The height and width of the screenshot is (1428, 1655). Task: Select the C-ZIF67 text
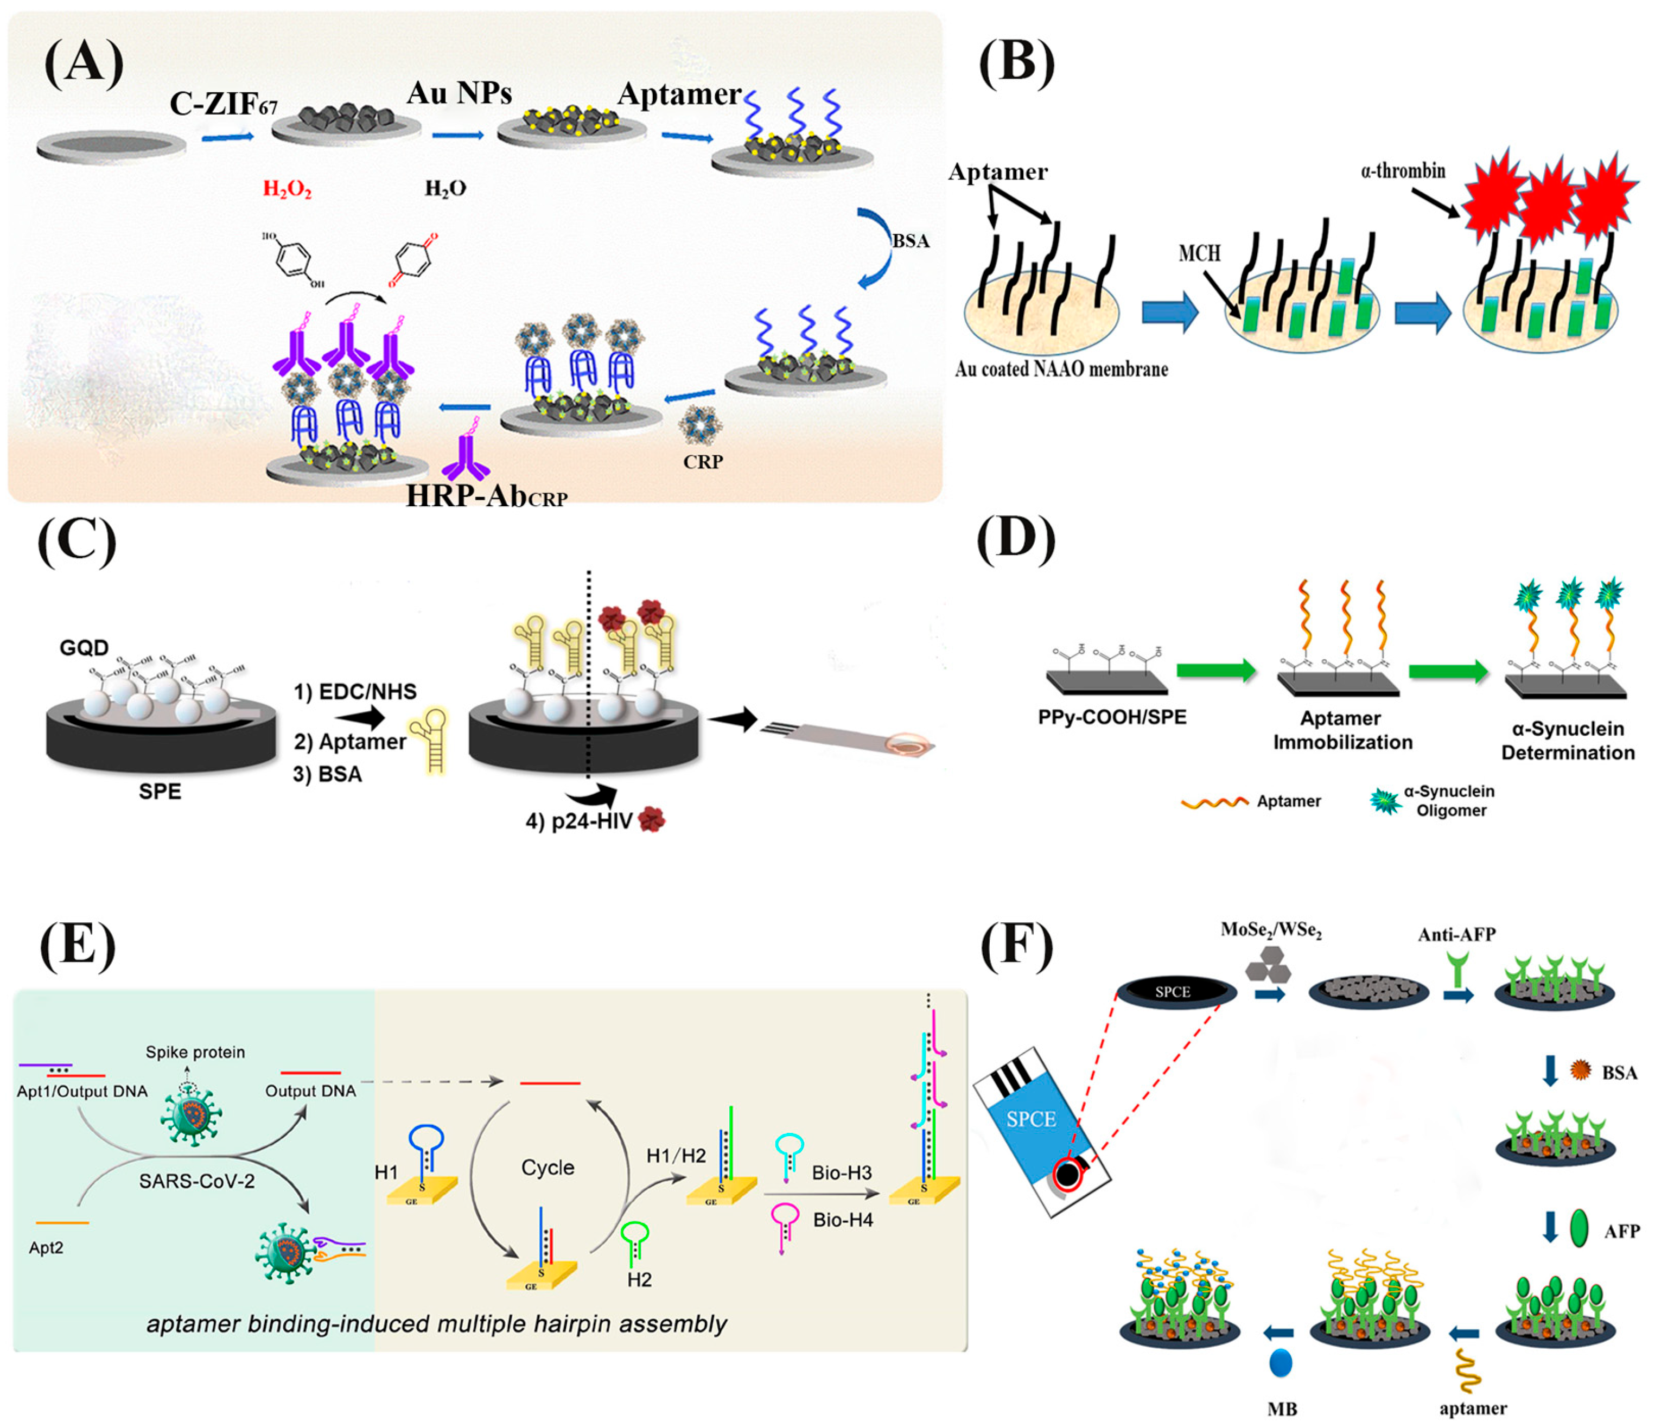point(223,104)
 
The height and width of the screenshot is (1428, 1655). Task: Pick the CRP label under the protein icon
point(703,462)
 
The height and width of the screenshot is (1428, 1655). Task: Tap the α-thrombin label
point(1403,171)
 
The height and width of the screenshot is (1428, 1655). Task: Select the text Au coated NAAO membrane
point(1061,369)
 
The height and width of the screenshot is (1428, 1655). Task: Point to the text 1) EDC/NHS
point(355,692)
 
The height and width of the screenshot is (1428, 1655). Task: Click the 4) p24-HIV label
point(578,821)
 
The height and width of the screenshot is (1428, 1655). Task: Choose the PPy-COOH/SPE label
point(1111,717)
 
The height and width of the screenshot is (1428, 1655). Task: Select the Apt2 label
point(46,1247)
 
